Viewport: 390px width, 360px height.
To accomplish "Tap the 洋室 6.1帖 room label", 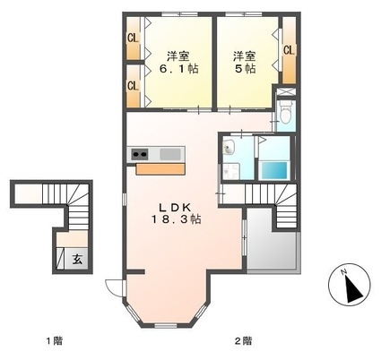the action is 178,62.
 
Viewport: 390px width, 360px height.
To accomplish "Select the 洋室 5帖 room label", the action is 245,62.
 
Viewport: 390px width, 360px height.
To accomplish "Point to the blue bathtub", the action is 274,170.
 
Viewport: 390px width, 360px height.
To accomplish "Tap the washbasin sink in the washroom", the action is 230,147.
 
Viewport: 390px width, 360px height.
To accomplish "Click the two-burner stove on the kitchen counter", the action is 140,154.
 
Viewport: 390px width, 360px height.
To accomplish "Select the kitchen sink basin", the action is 170,154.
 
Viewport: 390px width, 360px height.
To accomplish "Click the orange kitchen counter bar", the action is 160,169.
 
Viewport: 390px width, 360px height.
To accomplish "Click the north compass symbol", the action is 349,285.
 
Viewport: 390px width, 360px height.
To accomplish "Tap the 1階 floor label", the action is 54,340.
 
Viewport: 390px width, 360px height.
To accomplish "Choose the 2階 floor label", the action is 243,340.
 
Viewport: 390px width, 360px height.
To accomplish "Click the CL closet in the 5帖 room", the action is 289,50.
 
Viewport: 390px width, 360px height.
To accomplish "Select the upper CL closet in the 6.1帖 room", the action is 134,38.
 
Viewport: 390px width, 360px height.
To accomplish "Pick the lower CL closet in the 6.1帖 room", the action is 134,86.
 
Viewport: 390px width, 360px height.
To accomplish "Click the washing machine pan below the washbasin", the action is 230,171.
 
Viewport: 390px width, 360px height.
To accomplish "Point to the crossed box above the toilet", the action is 286,90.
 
